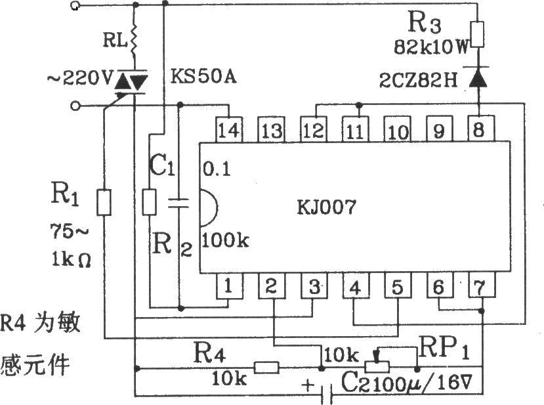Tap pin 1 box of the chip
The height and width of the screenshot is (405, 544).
pyautogui.click(x=227, y=286)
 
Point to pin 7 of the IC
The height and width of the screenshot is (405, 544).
pyautogui.click(x=482, y=286)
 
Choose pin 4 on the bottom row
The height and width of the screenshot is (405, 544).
pyautogui.click(x=354, y=286)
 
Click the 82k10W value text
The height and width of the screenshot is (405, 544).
pyautogui.click(x=429, y=47)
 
